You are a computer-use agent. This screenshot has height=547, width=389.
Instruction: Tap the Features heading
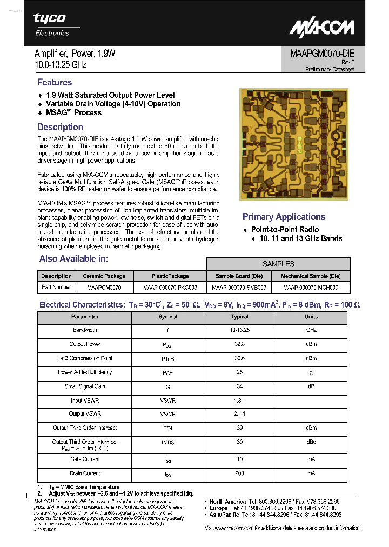(55, 83)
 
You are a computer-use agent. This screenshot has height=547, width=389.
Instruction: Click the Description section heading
(60, 128)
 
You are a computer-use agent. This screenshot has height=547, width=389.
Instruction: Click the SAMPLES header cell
(278, 264)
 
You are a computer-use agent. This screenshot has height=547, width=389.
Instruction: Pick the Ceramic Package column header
(104, 276)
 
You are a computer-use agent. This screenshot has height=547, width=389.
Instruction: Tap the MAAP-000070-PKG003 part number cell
(170, 288)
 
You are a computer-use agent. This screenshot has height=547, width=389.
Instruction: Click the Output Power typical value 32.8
(239, 344)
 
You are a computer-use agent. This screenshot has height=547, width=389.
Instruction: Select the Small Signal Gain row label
(85, 387)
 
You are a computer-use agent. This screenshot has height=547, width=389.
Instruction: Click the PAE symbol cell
(167, 372)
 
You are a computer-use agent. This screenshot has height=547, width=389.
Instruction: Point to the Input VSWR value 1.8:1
(239, 401)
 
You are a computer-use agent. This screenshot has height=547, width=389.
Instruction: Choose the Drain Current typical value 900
(239, 473)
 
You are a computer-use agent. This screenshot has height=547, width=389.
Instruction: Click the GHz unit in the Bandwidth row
(311, 330)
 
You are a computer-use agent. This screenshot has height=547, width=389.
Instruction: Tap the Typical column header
(239, 317)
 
